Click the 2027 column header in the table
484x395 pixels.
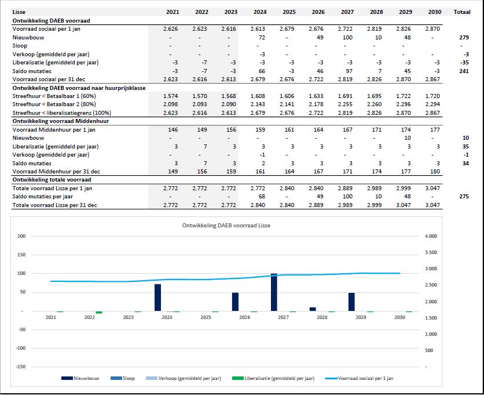(x=347, y=12)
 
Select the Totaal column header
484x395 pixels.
(x=461, y=12)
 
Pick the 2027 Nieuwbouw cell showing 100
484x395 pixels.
(x=347, y=37)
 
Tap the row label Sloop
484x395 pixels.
(x=20, y=45)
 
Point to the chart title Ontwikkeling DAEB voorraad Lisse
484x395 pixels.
(x=226, y=225)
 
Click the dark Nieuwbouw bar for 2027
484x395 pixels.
(x=274, y=292)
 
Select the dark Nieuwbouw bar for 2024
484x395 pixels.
(x=157, y=298)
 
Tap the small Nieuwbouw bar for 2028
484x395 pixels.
(x=313, y=309)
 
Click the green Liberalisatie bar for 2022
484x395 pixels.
(x=99, y=312)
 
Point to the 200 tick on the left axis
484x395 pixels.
(x=21, y=236)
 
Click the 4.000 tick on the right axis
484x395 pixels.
(x=431, y=236)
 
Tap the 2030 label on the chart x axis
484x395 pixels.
(x=399, y=317)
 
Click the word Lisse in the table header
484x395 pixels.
(x=19, y=12)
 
